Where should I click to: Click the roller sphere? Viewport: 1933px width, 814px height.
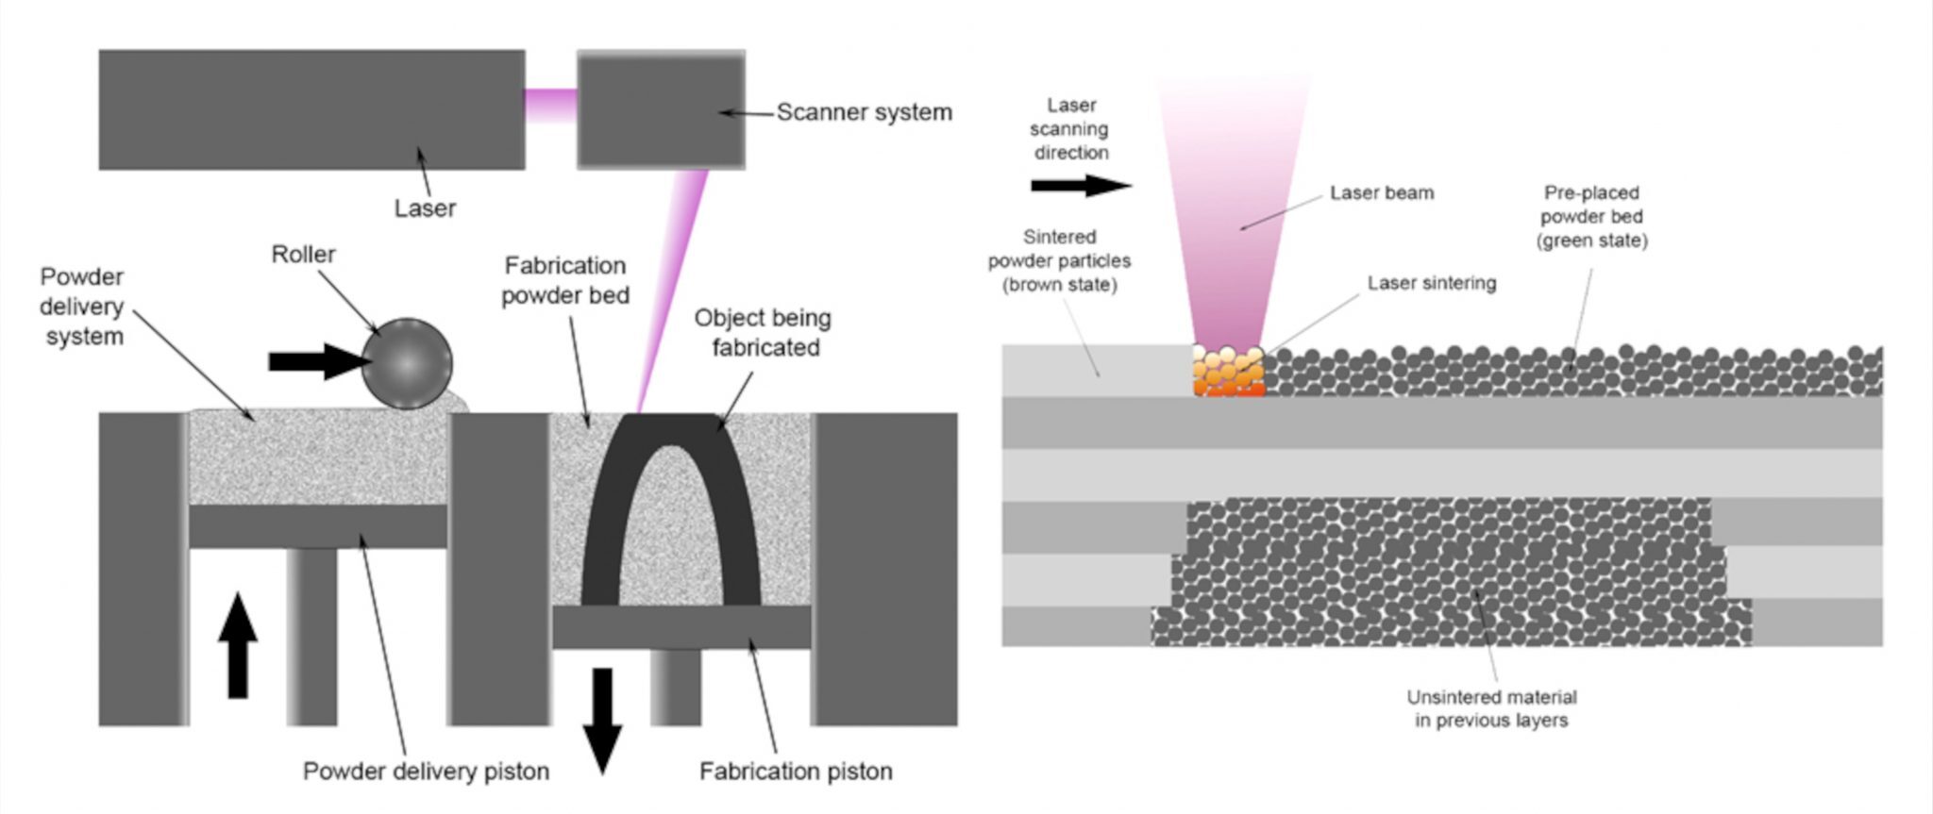point(407,363)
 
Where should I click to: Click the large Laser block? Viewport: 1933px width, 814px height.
point(311,109)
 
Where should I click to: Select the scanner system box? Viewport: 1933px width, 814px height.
point(661,109)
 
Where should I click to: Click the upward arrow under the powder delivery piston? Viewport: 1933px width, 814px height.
point(238,646)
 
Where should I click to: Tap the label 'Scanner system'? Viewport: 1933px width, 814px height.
point(864,112)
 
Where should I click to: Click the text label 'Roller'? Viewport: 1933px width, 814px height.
point(303,255)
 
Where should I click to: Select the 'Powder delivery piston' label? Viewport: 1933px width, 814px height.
point(426,771)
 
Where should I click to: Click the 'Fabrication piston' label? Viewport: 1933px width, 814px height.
point(795,772)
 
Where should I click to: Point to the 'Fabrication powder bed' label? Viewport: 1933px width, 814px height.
point(564,280)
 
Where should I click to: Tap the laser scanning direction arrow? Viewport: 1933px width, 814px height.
point(1081,186)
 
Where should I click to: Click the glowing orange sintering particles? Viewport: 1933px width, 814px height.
point(1228,372)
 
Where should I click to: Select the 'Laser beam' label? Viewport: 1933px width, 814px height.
point(1381,193)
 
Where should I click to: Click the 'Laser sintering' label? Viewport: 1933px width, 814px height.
point(1431,283)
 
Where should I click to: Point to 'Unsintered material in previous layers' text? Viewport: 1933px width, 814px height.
point(1491,708)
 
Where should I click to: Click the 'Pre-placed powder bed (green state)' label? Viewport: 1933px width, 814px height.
point(1591,217)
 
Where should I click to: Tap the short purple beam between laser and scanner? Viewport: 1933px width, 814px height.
point(550,104)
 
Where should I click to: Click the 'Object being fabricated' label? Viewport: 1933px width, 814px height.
point(763,333)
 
